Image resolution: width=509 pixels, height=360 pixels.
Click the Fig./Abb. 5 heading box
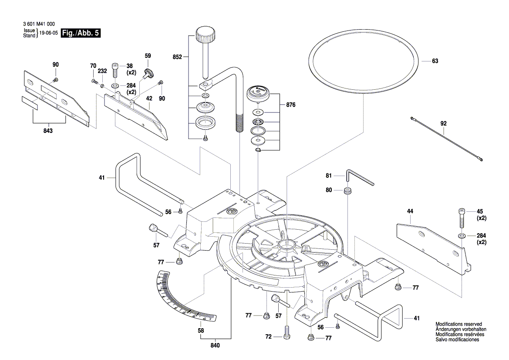81,33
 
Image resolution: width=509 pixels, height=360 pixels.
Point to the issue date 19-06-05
48,33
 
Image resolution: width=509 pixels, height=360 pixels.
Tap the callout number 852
177,57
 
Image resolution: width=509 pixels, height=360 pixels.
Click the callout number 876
291,105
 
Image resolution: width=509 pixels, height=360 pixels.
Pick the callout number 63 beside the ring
435,61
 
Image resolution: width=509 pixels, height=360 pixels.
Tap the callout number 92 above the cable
443,123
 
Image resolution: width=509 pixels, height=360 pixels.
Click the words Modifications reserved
458,324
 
